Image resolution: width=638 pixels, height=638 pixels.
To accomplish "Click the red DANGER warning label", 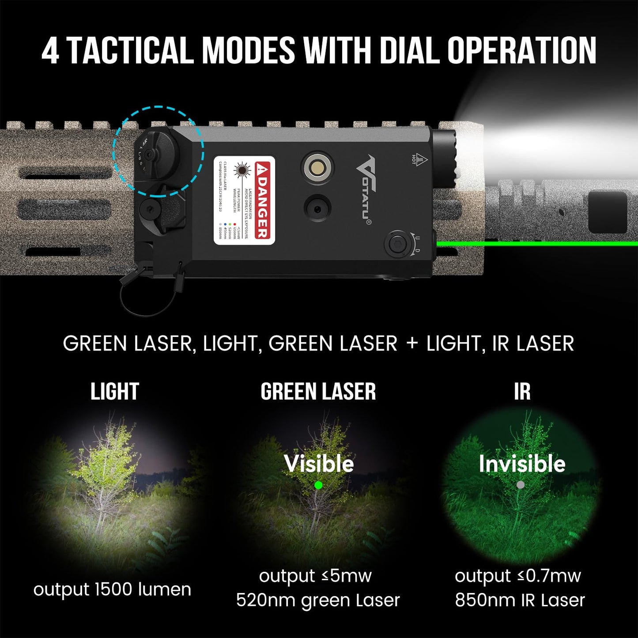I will point(262,200).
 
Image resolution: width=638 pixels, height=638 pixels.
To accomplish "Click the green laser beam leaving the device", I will point(530,244).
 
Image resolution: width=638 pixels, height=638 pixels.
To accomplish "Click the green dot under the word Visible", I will point(318,485).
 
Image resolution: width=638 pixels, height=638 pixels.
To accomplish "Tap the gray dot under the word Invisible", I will point(521,485).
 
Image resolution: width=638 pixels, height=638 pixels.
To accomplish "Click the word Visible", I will point(319,464).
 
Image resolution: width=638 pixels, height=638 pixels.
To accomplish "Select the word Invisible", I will point(522,464).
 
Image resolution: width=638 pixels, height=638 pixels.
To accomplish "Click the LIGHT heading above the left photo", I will point(115,392).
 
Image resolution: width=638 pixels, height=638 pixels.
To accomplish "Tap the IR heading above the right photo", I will point(522,392).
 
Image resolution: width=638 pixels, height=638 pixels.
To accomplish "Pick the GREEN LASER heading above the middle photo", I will point(318,392).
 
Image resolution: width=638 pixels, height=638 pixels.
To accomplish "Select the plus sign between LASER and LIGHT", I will point(411,344).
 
